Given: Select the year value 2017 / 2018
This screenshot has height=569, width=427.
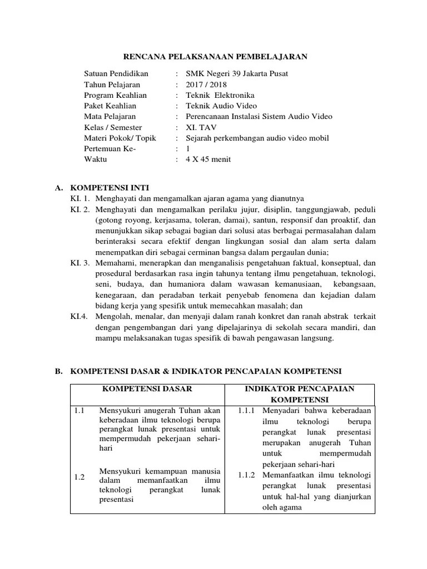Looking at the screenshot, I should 207,84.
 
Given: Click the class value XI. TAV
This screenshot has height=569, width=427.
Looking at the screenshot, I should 201,127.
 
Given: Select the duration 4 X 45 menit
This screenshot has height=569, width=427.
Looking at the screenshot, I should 208,159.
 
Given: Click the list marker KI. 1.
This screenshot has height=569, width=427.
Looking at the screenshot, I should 80,199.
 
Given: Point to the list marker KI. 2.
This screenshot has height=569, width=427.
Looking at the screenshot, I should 80,209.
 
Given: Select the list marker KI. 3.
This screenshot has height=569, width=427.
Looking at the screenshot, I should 80,263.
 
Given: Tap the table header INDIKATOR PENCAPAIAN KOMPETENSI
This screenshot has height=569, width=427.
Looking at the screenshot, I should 300,394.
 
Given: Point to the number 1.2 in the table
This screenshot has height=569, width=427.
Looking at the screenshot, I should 79,477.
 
